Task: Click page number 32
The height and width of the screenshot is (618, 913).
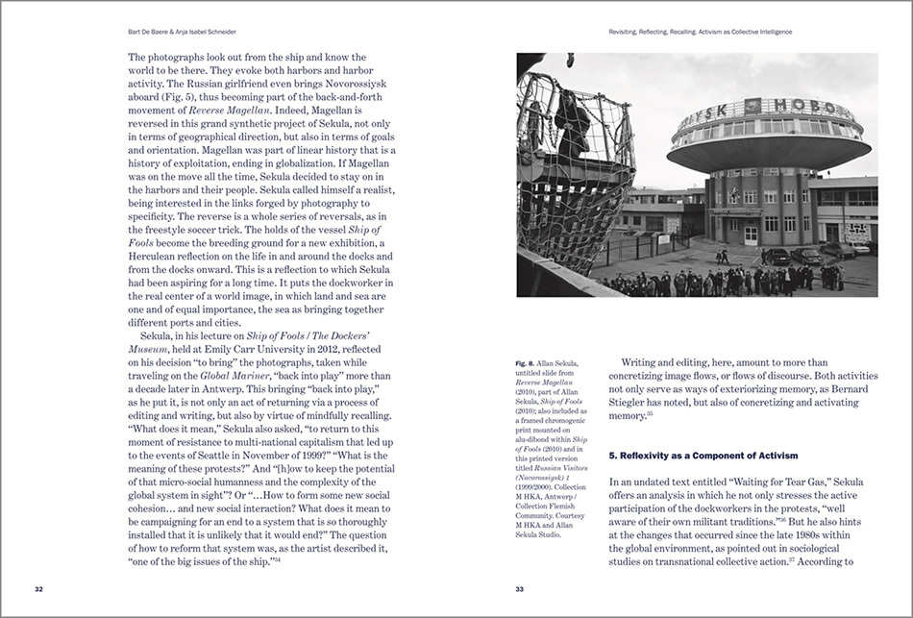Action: [37, 589]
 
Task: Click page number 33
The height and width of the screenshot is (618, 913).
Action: [519, 589]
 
